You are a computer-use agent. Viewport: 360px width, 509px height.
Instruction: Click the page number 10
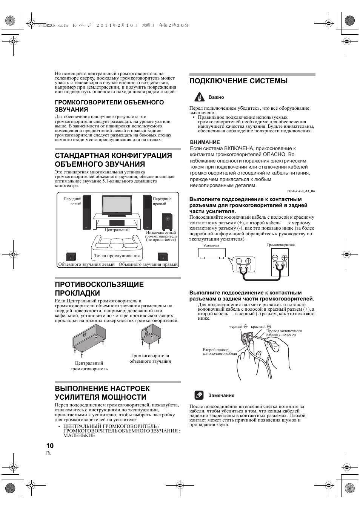pos(50,445)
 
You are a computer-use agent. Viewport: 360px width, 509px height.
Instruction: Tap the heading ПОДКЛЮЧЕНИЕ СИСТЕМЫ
pos(238,81)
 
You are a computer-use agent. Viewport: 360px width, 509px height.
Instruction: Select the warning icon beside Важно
pos(199,97)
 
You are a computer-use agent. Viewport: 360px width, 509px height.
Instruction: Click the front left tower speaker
pos(87,212)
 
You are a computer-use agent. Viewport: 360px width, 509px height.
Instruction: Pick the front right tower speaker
pos(147,212)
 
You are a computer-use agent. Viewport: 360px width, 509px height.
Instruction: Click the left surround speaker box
pos(71,257)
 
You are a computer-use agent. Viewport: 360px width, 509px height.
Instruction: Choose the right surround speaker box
pos(163,257)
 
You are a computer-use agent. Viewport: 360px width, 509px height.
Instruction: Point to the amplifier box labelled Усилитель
pos(212,253)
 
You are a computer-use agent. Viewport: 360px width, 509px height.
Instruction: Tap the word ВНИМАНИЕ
pos(205,142)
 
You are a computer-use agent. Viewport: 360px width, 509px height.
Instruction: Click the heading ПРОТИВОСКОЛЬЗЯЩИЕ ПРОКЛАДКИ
pos(99,288)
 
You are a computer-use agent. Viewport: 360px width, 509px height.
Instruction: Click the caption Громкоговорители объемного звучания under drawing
pos(150,358)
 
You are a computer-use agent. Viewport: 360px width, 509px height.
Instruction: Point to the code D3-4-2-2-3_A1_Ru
pos(301,191)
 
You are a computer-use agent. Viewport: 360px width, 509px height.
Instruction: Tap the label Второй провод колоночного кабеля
pos(220,351)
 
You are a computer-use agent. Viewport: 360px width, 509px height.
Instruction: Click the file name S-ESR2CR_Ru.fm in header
pos(53,26)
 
